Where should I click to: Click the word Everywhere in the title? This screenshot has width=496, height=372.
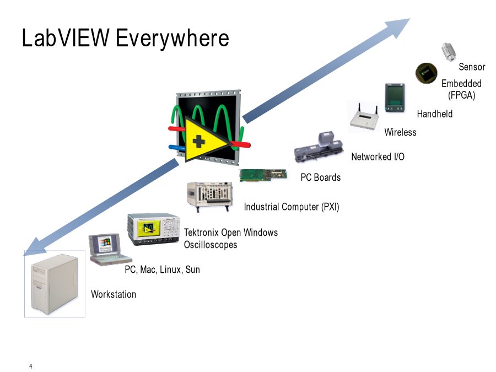tap(172, 39)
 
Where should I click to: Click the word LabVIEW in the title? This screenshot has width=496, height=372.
tap(66, 37)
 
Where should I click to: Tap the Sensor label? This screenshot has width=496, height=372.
tap(472, 67)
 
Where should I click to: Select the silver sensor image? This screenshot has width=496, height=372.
tap(449, 52)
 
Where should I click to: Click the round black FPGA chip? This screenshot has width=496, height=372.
tap(427, 73)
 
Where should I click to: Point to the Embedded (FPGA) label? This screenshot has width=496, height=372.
tap(461, 89)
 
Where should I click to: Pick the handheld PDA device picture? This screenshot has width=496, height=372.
tap(395, 98)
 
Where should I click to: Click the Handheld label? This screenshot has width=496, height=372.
tap(435, 114)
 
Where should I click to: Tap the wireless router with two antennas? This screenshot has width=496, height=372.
tap(364, 117)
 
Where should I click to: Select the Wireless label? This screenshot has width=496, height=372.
tap(400, 132)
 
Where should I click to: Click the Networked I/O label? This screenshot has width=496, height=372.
tap(378, 157)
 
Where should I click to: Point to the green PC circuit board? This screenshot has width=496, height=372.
tap(263, 175)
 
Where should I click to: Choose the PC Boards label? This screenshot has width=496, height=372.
tap(320, 177)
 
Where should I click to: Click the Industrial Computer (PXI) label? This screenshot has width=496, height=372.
tap(292, 207)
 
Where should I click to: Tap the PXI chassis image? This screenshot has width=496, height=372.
tap(210, 196)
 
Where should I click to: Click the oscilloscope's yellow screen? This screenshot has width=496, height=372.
tap(148, 228)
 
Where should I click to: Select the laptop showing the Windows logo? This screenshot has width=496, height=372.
tap(110, 249)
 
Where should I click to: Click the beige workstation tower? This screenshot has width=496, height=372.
tap(55, 284)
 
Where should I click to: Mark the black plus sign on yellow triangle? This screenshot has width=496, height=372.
tap(198, 142)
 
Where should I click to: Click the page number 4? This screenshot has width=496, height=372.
tap(31, 366)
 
